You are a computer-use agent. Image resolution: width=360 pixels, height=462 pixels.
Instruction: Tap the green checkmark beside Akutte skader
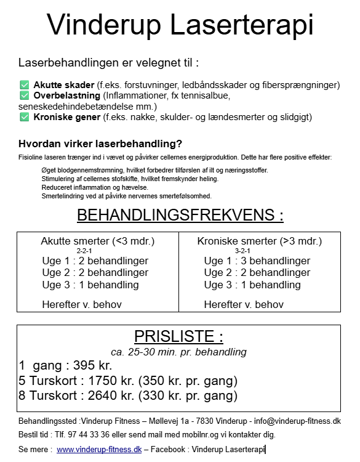(x=24, y=85)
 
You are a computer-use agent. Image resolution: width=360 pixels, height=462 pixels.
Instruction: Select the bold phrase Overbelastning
(x=67, y=95)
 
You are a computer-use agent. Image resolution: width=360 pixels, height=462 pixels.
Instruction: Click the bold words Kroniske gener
(x=67, y=116)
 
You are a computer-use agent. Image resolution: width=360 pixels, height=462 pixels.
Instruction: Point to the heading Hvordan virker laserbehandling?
(x=100, y=144)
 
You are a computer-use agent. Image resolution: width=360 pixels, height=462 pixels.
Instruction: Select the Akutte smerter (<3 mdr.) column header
(x=97, y=241)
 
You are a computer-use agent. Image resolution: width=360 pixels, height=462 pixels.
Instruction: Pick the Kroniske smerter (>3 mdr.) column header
(x=259, y=241)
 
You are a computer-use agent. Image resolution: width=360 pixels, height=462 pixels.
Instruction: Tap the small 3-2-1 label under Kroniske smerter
(x=242, y=251)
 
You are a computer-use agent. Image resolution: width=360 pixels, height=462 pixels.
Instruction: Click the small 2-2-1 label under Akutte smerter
(x=84, y=251)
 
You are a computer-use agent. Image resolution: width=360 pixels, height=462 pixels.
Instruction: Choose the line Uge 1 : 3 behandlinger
(x=257, y=261)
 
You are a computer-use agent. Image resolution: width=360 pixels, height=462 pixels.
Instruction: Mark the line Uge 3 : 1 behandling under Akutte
(x=90, y=285)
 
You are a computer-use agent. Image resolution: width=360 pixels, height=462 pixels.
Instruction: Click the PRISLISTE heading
(x=178, y=336)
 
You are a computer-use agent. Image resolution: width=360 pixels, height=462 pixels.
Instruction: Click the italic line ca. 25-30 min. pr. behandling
(x=178, y=352)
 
